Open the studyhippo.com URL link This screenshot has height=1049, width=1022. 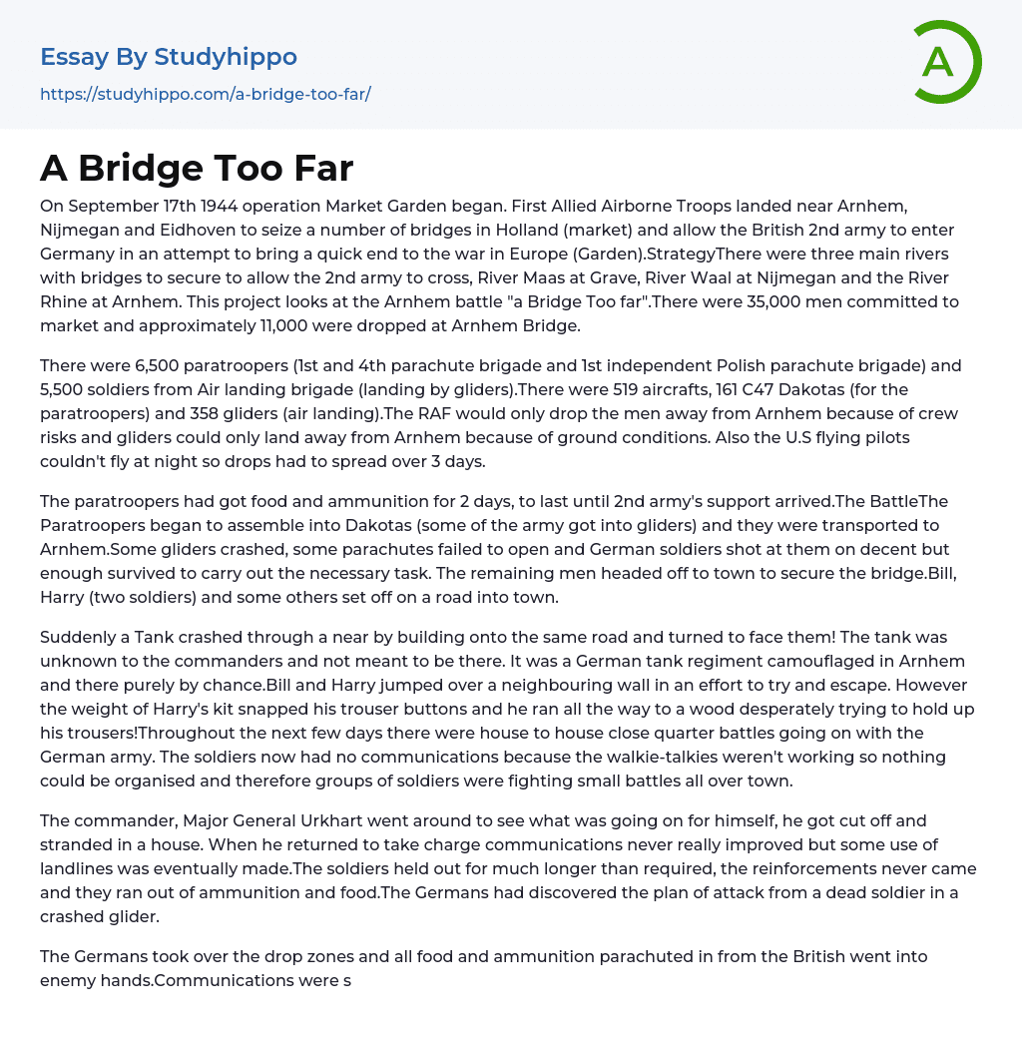[205, 95]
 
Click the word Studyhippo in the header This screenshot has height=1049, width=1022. [226, 57]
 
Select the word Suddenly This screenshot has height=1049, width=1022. [80, 637]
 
